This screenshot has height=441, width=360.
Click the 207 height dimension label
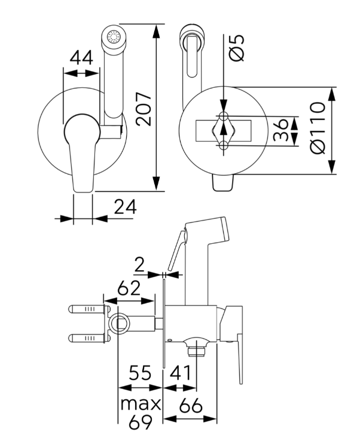point(144,109)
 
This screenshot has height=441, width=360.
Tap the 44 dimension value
point(81,57)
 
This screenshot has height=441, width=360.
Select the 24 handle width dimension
point(125,207)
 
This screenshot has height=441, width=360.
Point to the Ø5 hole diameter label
point(236,48)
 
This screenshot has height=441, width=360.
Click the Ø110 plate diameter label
point(318,128)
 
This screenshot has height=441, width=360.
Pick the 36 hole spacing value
point(280,130)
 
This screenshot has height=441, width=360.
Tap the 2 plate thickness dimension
point(139,265)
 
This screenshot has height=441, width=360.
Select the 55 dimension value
point(140,372)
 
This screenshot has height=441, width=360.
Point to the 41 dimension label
point(181,372)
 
